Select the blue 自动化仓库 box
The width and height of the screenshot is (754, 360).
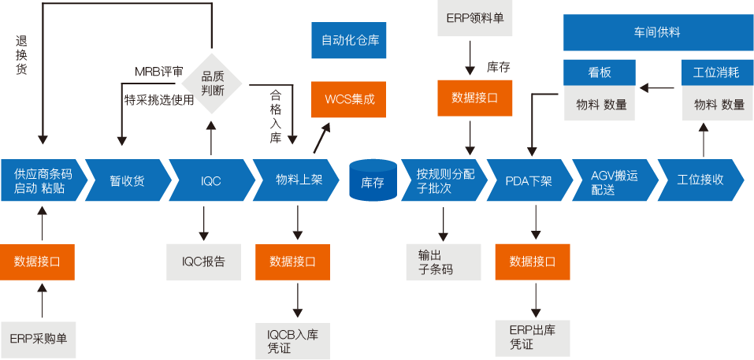click(349, 40)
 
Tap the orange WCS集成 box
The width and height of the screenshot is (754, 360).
click(349, 100)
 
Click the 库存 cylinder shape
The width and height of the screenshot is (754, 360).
click(372, 180)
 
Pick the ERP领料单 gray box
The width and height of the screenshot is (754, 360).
click(475, 17)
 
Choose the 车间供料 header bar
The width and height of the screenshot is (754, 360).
click(656, 32)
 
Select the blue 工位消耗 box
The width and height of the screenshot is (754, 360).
click(715, 73)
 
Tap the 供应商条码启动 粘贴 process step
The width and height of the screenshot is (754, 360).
click(40, 180)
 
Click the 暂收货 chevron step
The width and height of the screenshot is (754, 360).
click(126, 180)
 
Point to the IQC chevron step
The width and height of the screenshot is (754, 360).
click(210, 180)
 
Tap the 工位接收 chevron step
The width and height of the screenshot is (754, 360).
click(700, 180)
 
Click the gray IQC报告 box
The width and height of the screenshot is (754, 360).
click(203, 262)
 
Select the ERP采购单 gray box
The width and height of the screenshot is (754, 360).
click(38, 339)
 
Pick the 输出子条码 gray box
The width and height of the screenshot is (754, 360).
click(442, 262)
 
